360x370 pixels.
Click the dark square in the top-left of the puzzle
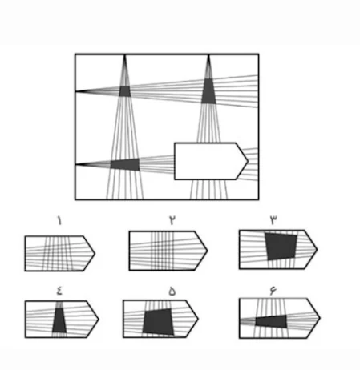(x=124, y=91)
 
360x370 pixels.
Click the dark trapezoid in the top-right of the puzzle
(x=208, y=91)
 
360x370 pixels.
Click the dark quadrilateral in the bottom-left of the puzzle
(x=125, y=164)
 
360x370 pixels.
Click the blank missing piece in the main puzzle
(x=211, y=161)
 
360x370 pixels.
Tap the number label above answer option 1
(x=59, y=221)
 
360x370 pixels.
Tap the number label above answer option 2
(x=172, y=220)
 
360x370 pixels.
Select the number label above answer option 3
(x=273, y=220)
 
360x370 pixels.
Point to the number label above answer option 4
(x=59, y=291)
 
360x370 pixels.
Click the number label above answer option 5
(x=172, y=292)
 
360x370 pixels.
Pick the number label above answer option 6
(x=273, y=290)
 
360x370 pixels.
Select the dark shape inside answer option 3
(x=281, y=247)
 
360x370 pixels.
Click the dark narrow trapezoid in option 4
(x=59, y=320)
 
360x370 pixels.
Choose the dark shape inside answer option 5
(x=158, y=322)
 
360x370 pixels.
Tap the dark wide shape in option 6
(x=271, y=322)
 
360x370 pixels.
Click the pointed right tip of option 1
(x=95, y=253)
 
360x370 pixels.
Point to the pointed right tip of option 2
(x=208, y=251)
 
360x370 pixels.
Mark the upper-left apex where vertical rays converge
(x=124, y=55)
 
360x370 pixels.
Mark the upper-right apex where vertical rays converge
(x=208, y=55)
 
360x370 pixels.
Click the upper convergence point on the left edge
(x=76, y=91)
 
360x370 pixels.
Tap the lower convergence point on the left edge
(x=76, y=164)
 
